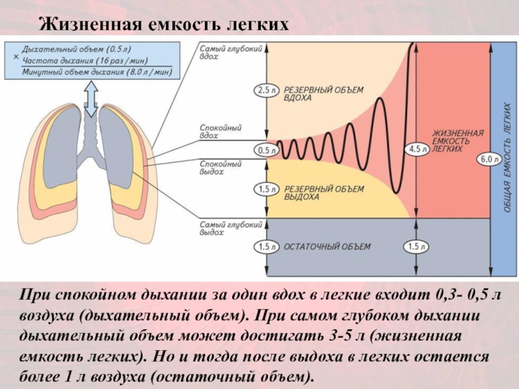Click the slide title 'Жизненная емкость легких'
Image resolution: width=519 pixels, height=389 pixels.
[x=162, y=25]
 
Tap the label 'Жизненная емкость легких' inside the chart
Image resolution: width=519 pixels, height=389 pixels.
[x=458, y=141]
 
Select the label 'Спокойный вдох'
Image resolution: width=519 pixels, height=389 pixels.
[x=217, y=132]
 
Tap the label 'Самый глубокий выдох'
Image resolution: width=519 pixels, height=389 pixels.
[x=222, y=228]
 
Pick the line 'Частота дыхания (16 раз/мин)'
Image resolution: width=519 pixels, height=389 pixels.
[x=81, y=60]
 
